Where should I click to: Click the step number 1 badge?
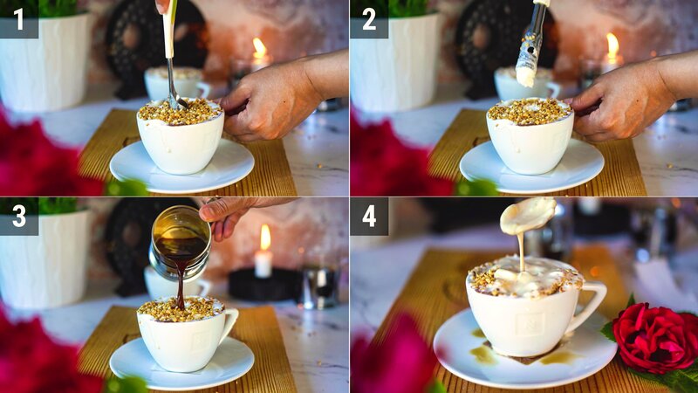click(18, 18)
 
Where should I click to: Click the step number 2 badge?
click(368, 18)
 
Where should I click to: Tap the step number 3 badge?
click(18, 216)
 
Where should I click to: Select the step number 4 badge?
click(368, 216)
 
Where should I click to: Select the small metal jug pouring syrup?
click(181, 240)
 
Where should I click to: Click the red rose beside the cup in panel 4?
click(653, 337)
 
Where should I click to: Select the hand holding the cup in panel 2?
click(624, 100)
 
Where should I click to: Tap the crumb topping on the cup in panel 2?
click(530, 111)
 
